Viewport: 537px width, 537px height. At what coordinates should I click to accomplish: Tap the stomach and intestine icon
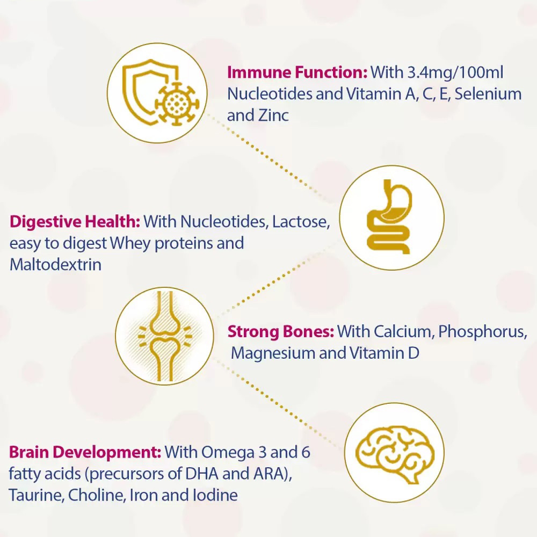coord(389,217)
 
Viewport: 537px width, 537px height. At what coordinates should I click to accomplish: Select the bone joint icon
coord(165,336)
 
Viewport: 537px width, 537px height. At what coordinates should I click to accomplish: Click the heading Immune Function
coord(297,72)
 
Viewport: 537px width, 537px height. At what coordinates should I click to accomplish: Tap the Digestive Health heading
coord(75,222)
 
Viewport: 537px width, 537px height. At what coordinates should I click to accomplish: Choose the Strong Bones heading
coord(280,331)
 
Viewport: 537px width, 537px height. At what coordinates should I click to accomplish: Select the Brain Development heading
coord(85,452)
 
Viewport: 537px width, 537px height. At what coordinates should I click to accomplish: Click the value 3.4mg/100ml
coord(456,72)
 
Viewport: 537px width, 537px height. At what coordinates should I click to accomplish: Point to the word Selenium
coord(488,94)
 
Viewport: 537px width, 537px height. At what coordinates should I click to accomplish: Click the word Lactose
coord(301,222)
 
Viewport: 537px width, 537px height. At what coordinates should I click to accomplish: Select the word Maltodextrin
coord(55,265)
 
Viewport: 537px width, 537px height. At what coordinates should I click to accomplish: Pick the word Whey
coord(130,243)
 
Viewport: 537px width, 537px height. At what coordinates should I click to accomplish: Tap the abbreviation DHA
coord(202,474)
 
